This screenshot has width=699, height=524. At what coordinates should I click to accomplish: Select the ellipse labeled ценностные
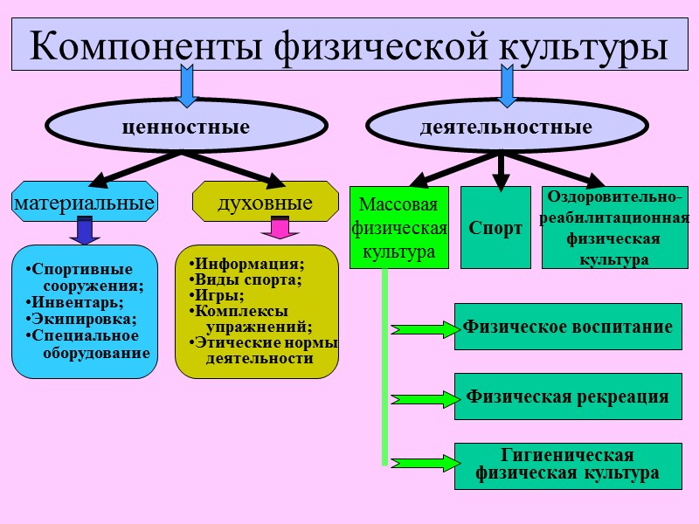(x=185, y=128)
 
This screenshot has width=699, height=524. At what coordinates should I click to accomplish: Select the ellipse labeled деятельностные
(x=505, y=128)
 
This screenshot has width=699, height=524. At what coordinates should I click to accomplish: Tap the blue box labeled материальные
(x=85, y=203)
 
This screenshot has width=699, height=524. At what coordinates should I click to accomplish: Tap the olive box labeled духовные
(x=265, y=203)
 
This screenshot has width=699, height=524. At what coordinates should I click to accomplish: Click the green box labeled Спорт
(x=495, y=228)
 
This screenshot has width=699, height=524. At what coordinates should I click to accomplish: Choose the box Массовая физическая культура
(x=398, y=227)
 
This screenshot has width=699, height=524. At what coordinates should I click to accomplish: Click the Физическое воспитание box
(x=568, y=327)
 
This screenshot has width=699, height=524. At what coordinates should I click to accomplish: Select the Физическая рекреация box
(x=568, y=396)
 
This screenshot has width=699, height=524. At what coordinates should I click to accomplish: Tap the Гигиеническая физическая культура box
(x=568, y=465)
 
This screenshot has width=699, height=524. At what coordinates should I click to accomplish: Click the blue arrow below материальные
(x=85, y=230)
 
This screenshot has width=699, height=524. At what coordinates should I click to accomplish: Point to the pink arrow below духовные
(x=280, y=229)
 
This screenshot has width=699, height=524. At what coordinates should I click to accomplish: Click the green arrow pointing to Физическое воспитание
(x=424, y=329)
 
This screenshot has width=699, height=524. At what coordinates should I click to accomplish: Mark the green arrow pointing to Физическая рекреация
(x=424, y=398)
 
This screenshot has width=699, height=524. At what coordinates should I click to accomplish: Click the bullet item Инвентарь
(x=73, y=302)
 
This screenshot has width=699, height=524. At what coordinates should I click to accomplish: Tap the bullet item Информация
(x=248, y=264)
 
